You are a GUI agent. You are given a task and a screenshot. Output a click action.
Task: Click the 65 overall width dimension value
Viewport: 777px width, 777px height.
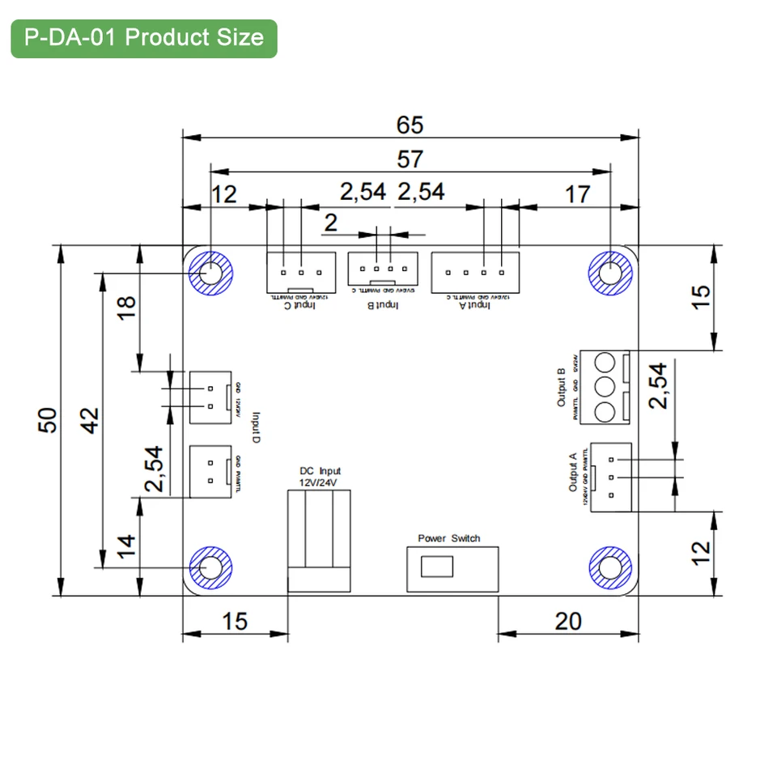click(x=410, y=125)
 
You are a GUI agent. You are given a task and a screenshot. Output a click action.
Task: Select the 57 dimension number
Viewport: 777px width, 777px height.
click(x=410, y=159)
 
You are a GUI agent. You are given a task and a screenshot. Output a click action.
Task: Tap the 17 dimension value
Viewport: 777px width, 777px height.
click(x=577, y=194)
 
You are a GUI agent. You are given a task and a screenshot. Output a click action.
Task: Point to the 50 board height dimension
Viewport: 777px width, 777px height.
click(x=49, y=419)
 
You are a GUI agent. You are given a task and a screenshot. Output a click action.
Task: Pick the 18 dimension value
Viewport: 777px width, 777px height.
click(x=127, y=308)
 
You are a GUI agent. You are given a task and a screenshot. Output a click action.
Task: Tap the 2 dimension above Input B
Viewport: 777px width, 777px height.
click(x=330, y=223)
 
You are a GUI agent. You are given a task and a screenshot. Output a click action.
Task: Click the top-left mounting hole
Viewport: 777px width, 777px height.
click(x=210, y=272)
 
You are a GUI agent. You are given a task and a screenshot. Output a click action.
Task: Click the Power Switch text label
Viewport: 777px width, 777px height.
click(x=448, y=538)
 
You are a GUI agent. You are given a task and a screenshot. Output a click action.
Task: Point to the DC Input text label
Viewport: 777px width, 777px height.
click(x=320, y=471)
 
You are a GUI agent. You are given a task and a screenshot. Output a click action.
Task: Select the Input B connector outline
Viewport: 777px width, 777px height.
click(x=383, y=268)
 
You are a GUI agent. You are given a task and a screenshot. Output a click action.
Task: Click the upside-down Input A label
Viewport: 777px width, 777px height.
click(x=474, y=306)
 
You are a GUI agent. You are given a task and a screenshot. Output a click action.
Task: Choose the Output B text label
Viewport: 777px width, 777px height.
click(x=561, y=387)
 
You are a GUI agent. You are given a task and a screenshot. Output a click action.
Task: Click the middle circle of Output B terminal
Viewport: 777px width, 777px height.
click(x=606, y=386)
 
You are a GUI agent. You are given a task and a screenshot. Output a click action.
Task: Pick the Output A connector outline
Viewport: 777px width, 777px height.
click(x=611, y=477)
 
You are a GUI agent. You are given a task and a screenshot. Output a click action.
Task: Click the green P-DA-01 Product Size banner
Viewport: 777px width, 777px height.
click(x=144, y=38)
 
